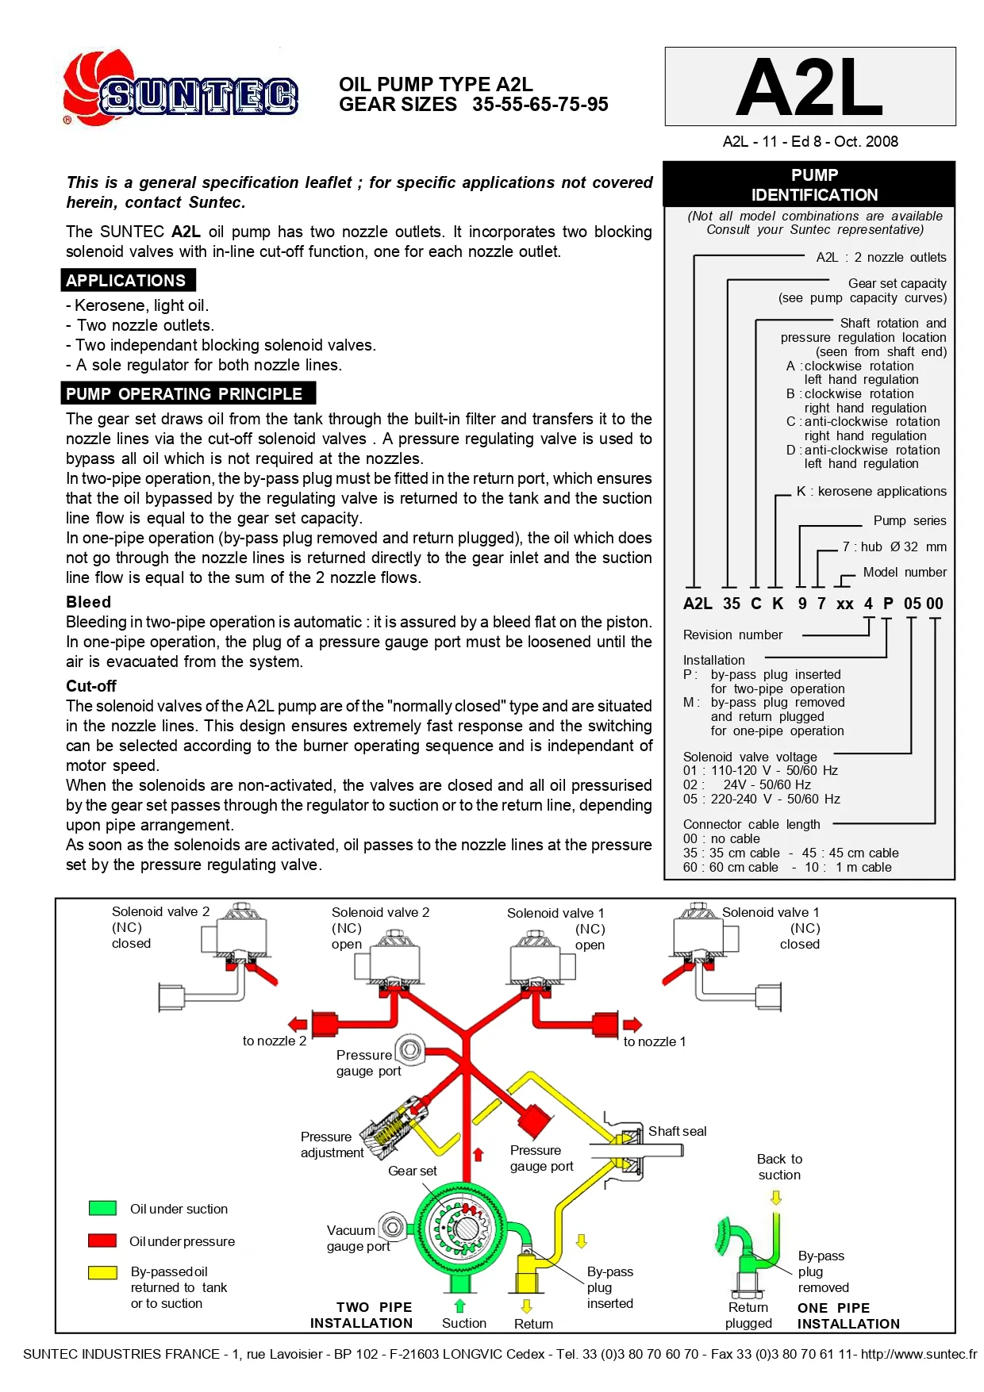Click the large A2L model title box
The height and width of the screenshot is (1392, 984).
(809, 86)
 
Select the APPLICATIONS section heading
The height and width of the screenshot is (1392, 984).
(127, 281)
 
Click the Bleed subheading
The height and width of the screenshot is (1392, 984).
(88, 602)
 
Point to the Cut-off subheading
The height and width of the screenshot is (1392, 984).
(91, 686)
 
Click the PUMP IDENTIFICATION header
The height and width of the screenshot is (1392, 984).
(814, 185)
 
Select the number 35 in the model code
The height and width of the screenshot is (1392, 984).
(731, 604)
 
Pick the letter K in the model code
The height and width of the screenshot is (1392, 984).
(778, 604)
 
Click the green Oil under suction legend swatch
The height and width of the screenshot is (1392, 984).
(103, 1208)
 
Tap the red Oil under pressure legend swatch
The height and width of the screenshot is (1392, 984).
(103, 1241)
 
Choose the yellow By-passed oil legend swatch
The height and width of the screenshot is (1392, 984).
(103, 1272)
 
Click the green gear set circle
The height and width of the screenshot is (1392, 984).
(459, 1228)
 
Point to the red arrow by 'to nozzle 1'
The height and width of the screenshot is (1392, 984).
(632, 1024)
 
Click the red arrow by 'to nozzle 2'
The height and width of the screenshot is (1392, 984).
(298, 1024)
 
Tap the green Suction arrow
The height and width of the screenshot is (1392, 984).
(459, 1306)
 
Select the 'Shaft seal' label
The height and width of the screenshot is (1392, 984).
(677, 1131)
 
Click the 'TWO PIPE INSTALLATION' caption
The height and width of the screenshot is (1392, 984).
(362, 1315)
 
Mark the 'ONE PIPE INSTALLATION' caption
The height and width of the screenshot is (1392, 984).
(848, 1316)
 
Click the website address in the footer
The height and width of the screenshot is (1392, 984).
(918, 1354)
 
